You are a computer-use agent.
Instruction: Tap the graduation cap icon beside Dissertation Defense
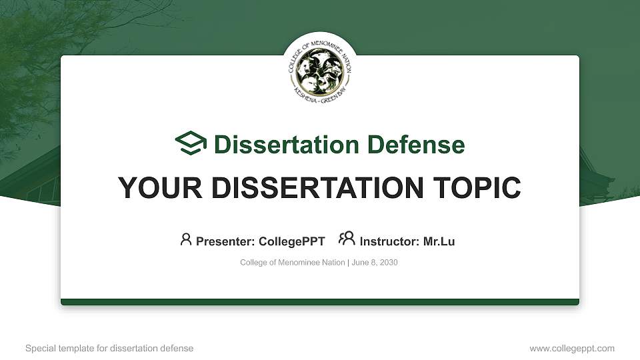point(191,143)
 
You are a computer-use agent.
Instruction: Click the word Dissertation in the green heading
point(277,145)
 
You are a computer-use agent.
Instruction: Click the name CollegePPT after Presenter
point(293,241)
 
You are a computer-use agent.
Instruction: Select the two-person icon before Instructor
point(347,239)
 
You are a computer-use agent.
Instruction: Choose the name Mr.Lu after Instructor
point(439,241)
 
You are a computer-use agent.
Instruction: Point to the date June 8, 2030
point(375,263)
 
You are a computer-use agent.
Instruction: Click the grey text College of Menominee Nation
point(293,263)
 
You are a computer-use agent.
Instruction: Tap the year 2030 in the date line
point(388,263)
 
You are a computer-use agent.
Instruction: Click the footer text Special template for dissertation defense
point(109,348)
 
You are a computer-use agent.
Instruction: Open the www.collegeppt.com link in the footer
point(572,348)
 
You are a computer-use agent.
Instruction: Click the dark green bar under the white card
point(320,302)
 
